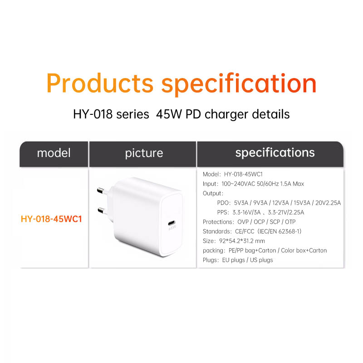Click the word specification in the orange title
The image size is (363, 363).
pyautogui.click(x=239, y=83)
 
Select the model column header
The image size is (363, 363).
pyautogui.click(x=54, y=153)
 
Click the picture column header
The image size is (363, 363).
pyautogui.click(x=144, y=153)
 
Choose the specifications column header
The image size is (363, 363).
pyautogui.click(x=275, y=152)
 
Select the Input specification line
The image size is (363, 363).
pyautogui.click(x=253, y=184)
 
